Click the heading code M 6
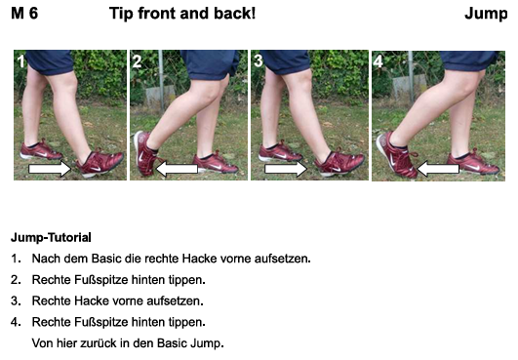[x=24, y=14]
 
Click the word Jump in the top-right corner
[x=486, y=15]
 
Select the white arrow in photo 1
[x=50, y=169]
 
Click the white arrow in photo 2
[x=177, y=169]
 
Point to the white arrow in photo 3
[x=286, y=169]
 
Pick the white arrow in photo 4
[x=438, y=169]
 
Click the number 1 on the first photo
[x=21, y=61]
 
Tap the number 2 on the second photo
[x=138, y=61]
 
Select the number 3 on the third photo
[x=259, y=61]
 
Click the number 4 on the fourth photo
[x=379, y=61]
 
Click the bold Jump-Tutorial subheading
[x=51, y=237]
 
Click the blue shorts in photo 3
[x=286, y=61]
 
